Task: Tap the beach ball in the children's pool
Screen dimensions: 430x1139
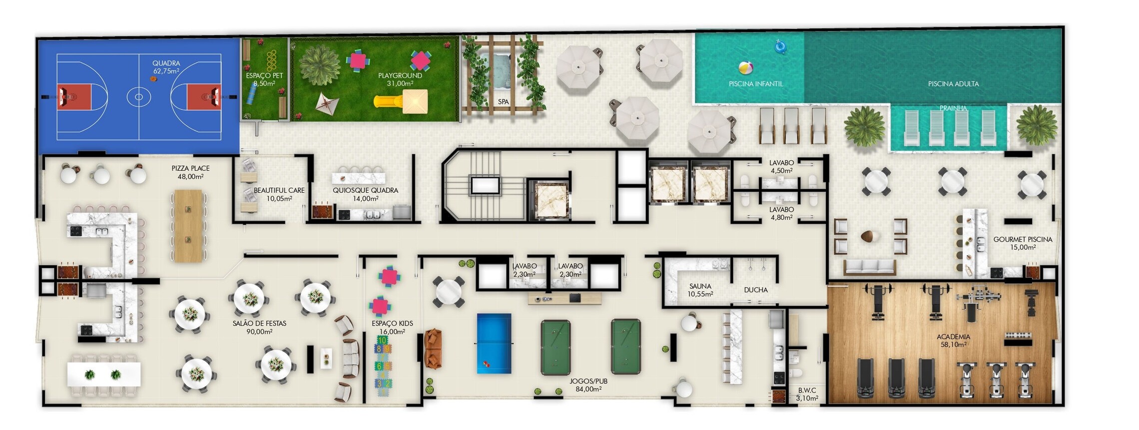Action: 745,67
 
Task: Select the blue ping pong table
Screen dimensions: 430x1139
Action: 494,343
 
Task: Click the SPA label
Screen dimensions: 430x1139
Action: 503,102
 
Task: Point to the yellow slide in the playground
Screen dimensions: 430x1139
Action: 390,102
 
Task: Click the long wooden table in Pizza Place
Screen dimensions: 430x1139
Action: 188,225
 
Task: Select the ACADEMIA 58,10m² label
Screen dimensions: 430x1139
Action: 953,341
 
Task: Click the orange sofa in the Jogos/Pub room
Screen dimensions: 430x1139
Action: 433,348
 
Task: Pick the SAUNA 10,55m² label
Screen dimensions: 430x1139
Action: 700,290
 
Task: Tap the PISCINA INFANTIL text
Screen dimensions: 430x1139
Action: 755,84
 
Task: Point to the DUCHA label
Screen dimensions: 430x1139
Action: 755,290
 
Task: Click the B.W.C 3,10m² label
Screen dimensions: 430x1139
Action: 807,394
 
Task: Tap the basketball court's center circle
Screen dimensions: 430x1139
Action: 139,96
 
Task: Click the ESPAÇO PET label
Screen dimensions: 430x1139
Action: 264,79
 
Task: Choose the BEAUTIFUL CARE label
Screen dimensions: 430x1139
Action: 279,194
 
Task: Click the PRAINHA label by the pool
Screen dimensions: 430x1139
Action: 953,108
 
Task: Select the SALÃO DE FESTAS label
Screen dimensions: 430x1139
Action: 259,327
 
